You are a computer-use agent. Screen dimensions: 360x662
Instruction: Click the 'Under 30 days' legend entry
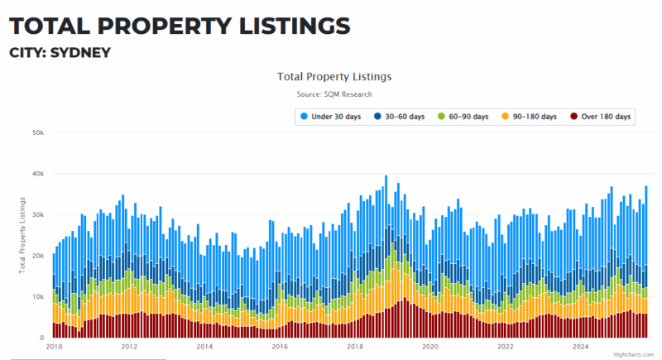pos(330,117)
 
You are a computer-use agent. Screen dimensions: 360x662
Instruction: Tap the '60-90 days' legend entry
pos(463,117)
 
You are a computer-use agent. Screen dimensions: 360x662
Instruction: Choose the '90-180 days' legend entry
pos(530,117)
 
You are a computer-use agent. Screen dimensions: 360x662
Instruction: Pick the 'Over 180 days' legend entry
pos(600,117)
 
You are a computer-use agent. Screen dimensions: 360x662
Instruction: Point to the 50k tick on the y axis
pos(37,132)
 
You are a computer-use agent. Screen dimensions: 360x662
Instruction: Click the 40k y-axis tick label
pos(37,174)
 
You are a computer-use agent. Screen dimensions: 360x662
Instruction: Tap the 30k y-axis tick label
pos(37,214)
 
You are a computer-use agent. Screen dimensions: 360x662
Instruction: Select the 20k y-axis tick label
pos(37,256)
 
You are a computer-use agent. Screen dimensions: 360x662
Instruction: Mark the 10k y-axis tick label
pos(37,296)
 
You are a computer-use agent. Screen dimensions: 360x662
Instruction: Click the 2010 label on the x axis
pos(54,347)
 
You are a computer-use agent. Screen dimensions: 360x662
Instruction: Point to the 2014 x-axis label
pos(204,347)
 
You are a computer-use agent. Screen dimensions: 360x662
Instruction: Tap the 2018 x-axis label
pos(355,347)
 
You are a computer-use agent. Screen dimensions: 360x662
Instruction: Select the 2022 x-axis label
pos(506,347)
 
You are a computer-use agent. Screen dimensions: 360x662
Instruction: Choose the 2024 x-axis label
pos(581,347)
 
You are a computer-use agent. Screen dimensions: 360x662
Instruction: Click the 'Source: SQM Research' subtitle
pos(334,94)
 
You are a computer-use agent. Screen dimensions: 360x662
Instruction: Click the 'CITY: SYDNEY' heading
pos(60,53)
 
